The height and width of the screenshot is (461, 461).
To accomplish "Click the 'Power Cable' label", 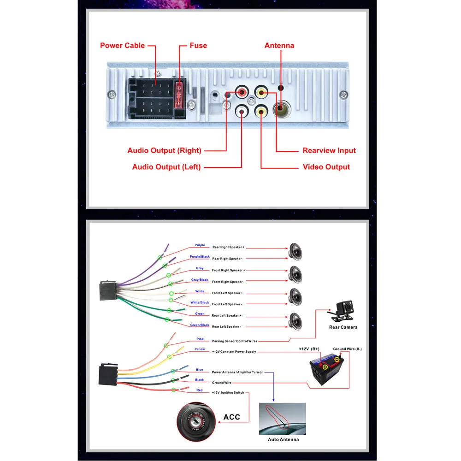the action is (x=122, y=46).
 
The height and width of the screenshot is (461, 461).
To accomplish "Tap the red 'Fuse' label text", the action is (x=198, y=46).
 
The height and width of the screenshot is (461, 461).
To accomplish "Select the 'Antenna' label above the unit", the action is (x=279, y=46).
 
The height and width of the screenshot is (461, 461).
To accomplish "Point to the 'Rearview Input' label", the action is (x=329, y=151).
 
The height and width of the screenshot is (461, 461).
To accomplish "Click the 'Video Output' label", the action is (x=326, y=167).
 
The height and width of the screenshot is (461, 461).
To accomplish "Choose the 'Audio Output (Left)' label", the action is (x=166, y=167).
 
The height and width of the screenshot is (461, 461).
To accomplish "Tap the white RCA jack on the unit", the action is (x=242, y=112).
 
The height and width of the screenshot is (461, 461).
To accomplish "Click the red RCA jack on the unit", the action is (x=242, y=92).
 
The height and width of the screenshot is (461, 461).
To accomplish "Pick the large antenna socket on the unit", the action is (x=281, y=109).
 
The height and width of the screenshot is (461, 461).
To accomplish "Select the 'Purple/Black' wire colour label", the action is (x=200, y=257).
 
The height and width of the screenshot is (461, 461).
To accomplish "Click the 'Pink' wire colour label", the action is (x=200, y=339).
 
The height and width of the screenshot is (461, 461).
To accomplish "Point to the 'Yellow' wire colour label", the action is (x=200, y=349).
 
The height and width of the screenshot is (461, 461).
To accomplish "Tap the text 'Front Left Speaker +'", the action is (x=227, y=293).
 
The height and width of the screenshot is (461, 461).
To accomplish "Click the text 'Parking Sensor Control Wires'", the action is (x=235, y=341).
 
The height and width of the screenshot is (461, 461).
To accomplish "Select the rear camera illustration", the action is (x=342, y=311).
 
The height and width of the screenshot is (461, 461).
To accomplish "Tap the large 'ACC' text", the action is (x=232, y=417).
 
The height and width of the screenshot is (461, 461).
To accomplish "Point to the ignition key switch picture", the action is (x=196, y=422).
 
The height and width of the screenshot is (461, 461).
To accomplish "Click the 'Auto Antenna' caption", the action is (x=283, y=439).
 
